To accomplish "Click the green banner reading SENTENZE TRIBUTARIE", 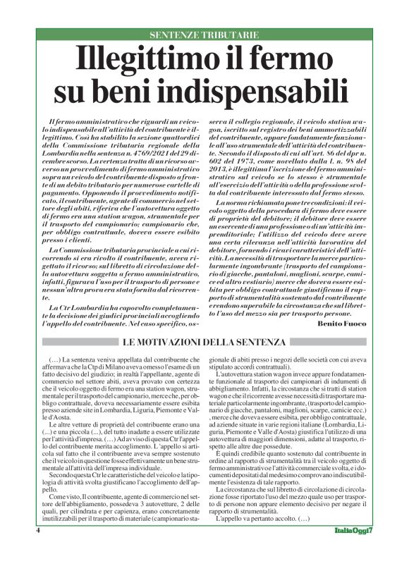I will (204, 35).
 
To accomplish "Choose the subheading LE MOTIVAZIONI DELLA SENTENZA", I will (204, 343).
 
